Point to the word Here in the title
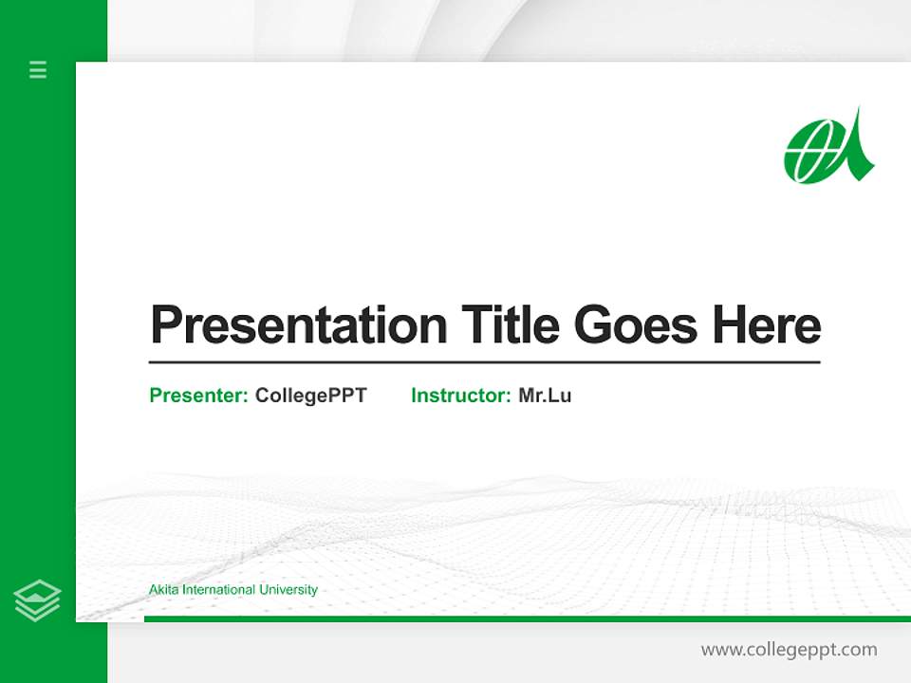tap(767, 325)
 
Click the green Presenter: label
tap(199, 396)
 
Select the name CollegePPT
tap(310, 396)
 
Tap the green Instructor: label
tap(461, 396)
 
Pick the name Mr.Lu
tap(545, 396)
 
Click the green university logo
tap(828, 147)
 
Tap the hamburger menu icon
tap(38, 69)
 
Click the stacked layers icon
tap(37, 600)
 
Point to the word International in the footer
tap(218, 590)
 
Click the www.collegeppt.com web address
tap(789, 650)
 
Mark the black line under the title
tap(484, 361)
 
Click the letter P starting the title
tap(165, 325)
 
